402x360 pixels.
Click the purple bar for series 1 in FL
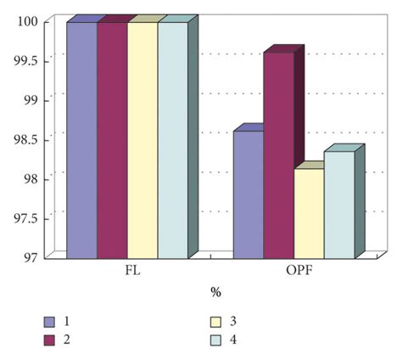(81, 140)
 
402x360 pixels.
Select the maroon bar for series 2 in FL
(112, 140)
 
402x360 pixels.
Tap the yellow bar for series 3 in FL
(142, 140)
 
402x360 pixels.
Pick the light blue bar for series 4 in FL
(172, 140)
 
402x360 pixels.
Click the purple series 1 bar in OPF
(248, 194)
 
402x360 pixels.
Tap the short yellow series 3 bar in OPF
(309, 214)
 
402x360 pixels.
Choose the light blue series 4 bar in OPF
(339, 205)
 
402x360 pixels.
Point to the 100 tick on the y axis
(27, 22)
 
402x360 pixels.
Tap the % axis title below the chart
(215, 293)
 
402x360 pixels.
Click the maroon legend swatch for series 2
(50, 340)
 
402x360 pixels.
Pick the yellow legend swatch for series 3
(216, 322)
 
